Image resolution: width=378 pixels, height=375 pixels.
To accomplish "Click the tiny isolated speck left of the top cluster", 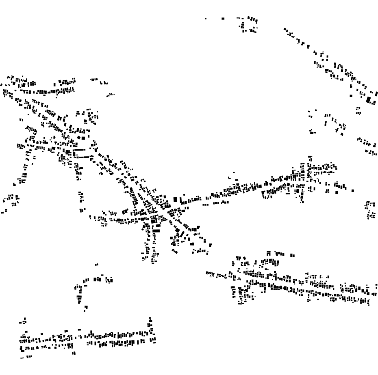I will [205, 19].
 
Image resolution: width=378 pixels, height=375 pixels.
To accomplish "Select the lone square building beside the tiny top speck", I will [223, 18].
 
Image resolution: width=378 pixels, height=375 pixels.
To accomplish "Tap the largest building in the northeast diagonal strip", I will [369, 99].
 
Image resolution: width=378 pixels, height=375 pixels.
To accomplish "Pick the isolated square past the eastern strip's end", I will [352, 190].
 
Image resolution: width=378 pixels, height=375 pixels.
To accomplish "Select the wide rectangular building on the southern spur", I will [156, 231].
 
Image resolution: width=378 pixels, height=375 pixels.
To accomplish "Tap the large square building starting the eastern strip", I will [175, 199].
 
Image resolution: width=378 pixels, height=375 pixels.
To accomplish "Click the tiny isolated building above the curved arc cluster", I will [96, 265].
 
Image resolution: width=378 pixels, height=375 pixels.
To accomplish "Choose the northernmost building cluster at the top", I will [249, 24].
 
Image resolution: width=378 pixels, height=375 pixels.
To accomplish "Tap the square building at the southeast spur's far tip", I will [210, 245].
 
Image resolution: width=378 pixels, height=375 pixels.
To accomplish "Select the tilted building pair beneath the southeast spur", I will [174, 251].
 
